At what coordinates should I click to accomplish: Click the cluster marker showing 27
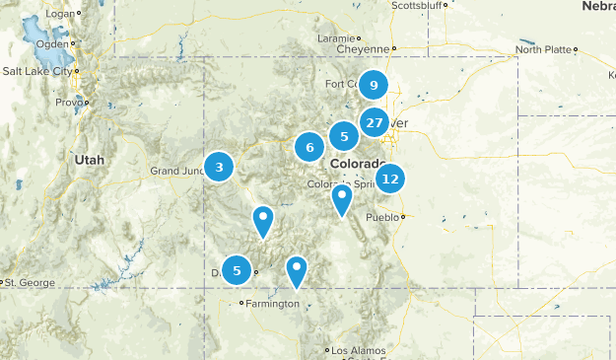pyautogui.click(x=374, y=122)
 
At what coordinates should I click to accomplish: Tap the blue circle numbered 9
pyautogui.click(x=373, y=86)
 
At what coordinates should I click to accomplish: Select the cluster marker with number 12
pyautogui.click(x=390, y=179)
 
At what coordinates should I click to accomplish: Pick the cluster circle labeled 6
pyautogui.click(x=309, y=148)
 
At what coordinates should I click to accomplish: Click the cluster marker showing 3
pyautogui.click(x=219, y=168)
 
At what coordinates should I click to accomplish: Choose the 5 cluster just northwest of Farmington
pyautogui.click(x=237, y=269)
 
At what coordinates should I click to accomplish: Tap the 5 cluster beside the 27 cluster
pyautogui.click(x=343, y=136)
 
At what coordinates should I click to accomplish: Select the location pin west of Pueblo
pyautogui.click(x=341, y=199)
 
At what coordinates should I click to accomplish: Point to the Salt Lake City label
pyautogui.click(x=36, y=71)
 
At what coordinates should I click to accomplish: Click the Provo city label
pyautogui.click(x=68, y=102)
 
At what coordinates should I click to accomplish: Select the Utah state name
pyautogui.click(x=88, y=158)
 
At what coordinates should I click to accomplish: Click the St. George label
pyautogui.click(x=30, y=283)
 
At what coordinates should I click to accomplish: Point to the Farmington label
pyautogui.click(x=272, y=304)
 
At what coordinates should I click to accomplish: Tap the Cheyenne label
pyautogui.click(x=364, y=48)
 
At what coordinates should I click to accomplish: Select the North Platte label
pyautogui.click(x=543, y=48)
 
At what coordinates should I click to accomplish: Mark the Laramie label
pyautogui.click(x=335, y=37)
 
